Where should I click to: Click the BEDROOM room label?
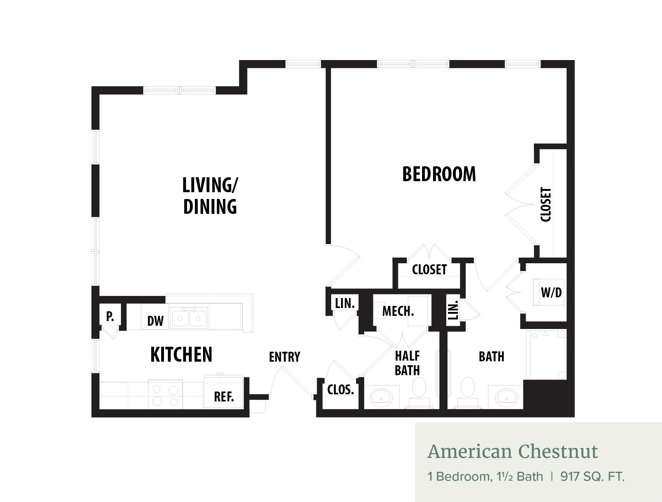click(x=439, y=174)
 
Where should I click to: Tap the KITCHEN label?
click(x=181, y=354)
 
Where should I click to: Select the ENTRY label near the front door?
click(x=285, y=357)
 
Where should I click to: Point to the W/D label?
click(x=551, y=292)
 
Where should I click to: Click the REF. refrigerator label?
click(x=224, y=396)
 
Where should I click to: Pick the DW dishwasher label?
click(x=155, y=321)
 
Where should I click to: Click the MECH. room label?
click(x=398, y=311)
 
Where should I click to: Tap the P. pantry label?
click(x=110, y=316)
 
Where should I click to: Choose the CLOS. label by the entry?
click(x=341, y=390)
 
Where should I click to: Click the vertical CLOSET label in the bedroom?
click(x=546, y=205)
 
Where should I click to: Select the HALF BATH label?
click(x=407, y=363)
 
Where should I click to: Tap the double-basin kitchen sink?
click(x=189, y=318)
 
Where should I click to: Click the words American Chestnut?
click(x=513, y=452)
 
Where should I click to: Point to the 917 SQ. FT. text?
click(x=592, y=476)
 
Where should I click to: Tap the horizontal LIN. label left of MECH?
click(x=345, y=303)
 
